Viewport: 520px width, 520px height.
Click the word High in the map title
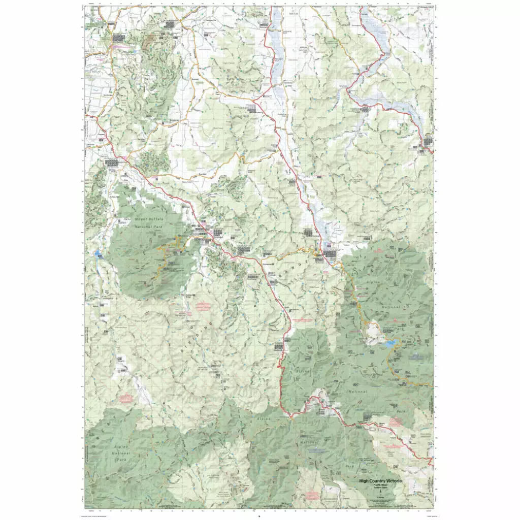(365, 481)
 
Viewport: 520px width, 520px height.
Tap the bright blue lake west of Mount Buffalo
(97, 253)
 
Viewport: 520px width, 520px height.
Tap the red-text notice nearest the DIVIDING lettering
(203, 306)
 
